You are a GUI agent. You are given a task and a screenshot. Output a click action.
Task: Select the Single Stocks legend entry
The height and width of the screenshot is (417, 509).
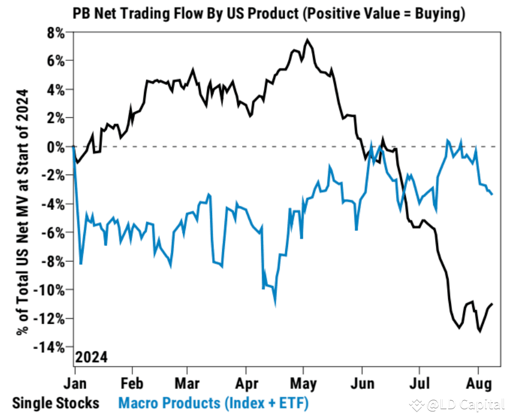click(56, 402)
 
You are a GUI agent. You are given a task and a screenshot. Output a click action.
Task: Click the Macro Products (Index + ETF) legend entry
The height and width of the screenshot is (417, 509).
click(213, 402)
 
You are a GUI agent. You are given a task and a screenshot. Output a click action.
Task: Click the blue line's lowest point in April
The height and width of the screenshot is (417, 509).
click(275, 305)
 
